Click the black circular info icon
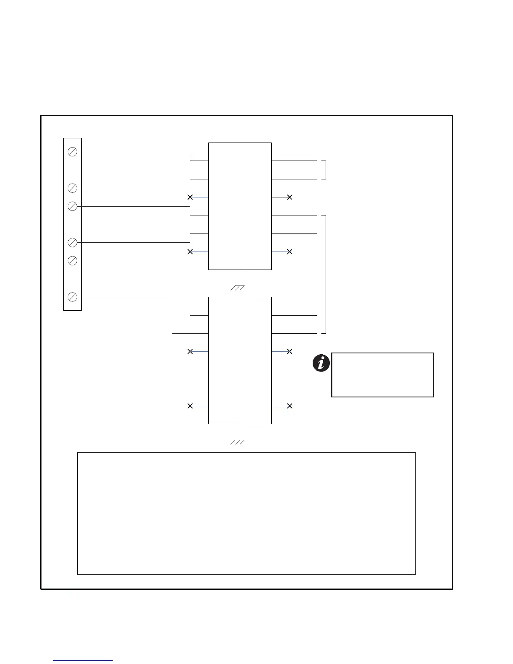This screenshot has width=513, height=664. click(321, 363)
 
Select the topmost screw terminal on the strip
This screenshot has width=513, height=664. click(72, 152)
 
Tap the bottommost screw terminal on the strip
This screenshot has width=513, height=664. click(72, 297)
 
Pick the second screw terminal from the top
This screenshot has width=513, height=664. click(72, 188)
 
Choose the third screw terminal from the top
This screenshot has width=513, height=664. click(72, 206)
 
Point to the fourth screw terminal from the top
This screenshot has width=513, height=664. click(72, 242)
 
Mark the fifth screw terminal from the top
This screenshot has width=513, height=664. click(72, 261)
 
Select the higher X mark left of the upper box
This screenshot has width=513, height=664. click(190, 197)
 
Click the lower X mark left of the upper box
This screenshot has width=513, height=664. click(190, 252)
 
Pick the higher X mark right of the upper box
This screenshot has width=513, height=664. click(289, 197)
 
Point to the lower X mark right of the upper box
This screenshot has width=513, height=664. click(289, 252)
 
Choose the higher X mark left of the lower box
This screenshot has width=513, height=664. click(190, 351)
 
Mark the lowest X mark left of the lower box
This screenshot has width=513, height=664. click(190, 406)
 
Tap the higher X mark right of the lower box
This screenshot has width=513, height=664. click(289, 351)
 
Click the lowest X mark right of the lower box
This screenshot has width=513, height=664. click(289, 406)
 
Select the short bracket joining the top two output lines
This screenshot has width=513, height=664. click(325, 170)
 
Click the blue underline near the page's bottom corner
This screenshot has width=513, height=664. click(83, 661)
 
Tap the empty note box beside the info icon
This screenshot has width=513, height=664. click(382, 375)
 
